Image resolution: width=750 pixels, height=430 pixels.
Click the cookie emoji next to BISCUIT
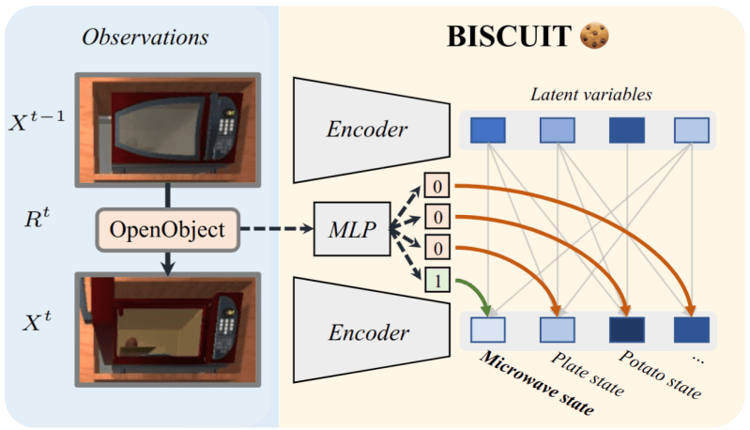(594, 36)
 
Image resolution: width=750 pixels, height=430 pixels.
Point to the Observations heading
(145, 38)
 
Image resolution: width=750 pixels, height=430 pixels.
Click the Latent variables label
(591, 94)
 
